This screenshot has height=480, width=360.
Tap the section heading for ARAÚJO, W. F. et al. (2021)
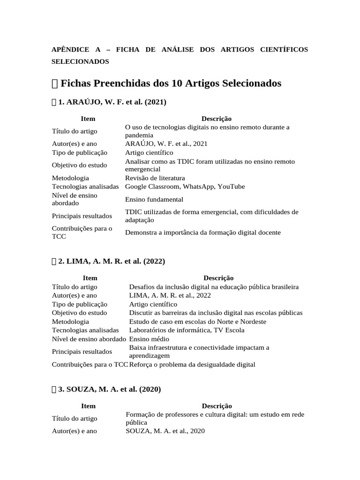[x=112, y=101]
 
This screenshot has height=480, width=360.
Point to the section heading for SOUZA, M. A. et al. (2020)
[x=110, y=389]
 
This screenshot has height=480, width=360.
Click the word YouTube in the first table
[x=230, y=187]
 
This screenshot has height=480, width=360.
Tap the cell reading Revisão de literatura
[x=155, y=178]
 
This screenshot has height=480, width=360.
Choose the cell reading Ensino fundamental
[x=154, y=199]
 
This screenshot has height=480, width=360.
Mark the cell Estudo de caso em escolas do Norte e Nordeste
[x=197, y=322]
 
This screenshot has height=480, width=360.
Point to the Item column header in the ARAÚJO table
[x=88, y=119]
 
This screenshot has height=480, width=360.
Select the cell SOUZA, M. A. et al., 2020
[x=165, y=431]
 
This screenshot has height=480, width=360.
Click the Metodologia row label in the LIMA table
[x=70, y=322]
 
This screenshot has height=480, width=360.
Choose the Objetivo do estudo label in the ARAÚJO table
[x=79, y=165]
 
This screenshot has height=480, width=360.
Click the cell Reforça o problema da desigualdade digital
[x=192, y=364]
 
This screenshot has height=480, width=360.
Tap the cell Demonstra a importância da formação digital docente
[x=203, y=232]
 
